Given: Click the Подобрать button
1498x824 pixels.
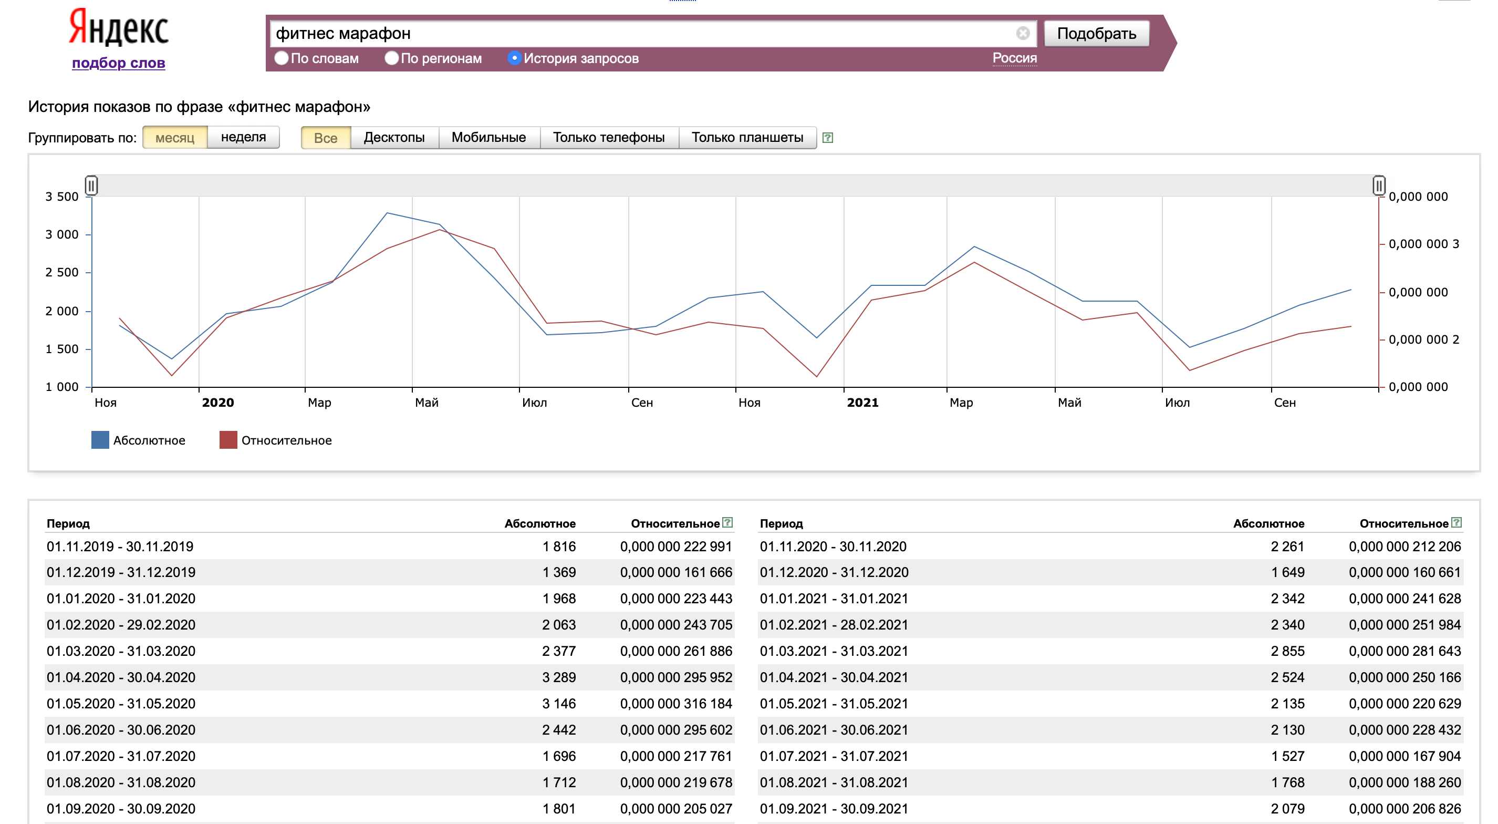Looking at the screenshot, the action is (1096, 33).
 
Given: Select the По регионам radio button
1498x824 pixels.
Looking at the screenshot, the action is (391, 58).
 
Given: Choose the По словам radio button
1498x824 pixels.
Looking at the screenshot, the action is (282, 58).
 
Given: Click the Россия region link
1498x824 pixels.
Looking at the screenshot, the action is (1014, 58).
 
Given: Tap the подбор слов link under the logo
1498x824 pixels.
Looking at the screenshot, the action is (119, 63).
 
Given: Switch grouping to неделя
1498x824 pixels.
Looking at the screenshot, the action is (243, 137).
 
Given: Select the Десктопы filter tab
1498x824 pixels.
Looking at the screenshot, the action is (394, 138).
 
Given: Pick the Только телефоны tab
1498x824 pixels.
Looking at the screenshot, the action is (609, 138).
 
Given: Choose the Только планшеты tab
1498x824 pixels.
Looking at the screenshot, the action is (747, 138).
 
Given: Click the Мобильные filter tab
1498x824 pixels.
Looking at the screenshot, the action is (489, 138).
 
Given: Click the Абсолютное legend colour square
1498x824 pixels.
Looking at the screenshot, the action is (100, 440).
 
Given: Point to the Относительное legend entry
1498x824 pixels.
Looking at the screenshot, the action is (276, 440).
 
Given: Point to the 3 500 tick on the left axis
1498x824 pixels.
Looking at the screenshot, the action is (61, 197).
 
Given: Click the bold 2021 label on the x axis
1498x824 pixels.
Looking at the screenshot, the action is (862, 403).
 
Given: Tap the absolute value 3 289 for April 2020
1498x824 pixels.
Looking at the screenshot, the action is (559, 677).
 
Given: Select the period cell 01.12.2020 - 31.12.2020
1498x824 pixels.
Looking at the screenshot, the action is (834, 572).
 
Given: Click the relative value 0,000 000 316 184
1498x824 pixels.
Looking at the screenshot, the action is (675, 704).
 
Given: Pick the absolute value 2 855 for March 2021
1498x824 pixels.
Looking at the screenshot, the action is (1287, 651).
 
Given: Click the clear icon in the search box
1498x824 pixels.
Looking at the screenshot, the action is (1023, 33).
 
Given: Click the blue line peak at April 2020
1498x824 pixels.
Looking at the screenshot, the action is (387, 213).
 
